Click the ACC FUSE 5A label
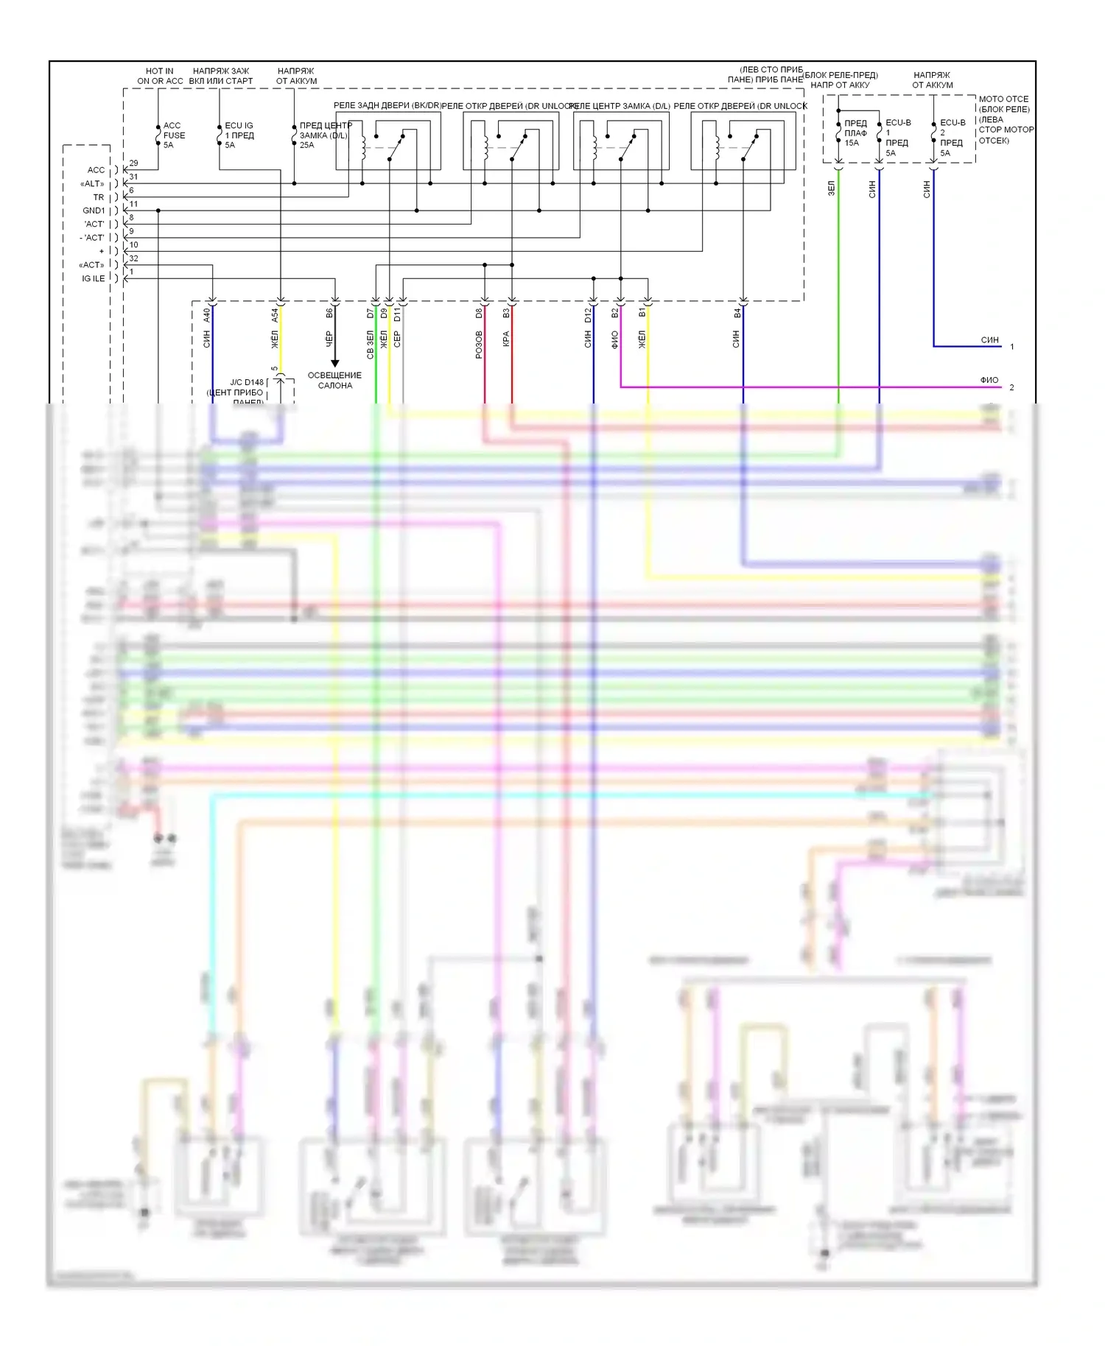point(174,135)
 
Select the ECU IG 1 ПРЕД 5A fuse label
point(239,135)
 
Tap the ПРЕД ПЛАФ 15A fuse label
point(855,133)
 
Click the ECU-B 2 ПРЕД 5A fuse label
point(952,138)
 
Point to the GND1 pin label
point(94,211)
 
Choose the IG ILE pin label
point(93,278)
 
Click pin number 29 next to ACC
point(133,163)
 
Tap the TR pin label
point(98,197)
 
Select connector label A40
point(207,315)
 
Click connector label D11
point(397,315)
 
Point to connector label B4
point(737,314)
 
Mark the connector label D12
point(588,315)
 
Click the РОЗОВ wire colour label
point(479,345)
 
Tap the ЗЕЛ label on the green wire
point(831,188)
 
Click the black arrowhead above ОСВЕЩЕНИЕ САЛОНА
point(334,363)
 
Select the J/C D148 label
point(246,382)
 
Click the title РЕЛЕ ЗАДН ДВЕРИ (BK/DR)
point(387,105)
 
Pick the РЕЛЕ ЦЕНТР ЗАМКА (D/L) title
point(620,106)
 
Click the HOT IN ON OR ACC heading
point(160,76)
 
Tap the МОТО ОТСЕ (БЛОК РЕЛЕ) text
point(1003,104)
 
